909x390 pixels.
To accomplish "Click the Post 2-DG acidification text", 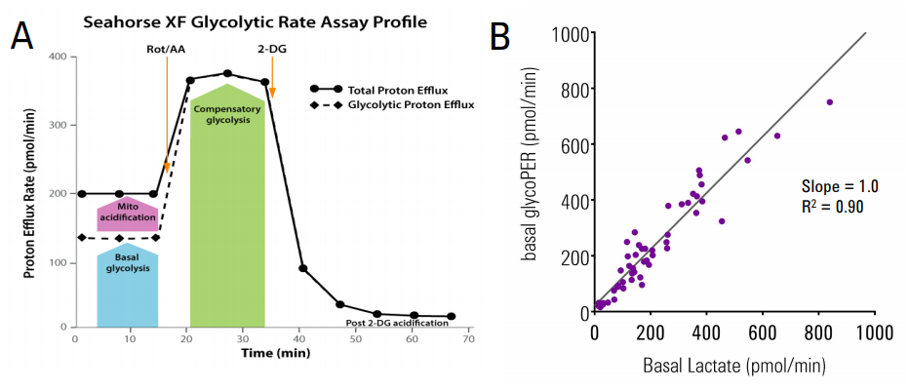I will (399, 323).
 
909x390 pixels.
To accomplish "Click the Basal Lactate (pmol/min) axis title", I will (734, 366).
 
